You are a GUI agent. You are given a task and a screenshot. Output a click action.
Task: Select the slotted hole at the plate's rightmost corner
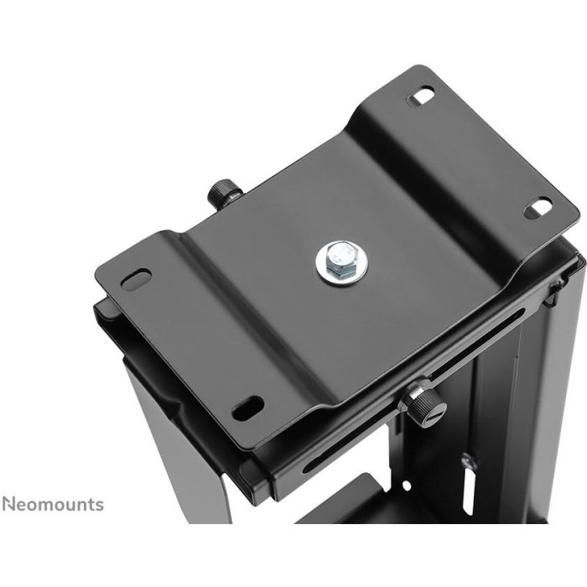[x=538, y=207]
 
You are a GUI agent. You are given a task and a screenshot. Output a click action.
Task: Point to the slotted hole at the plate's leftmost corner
[x=136, y=278]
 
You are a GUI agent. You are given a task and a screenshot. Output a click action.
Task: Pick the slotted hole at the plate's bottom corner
[x=247, y=408]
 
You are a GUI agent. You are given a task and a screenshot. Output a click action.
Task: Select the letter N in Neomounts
[x=8, y=504]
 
